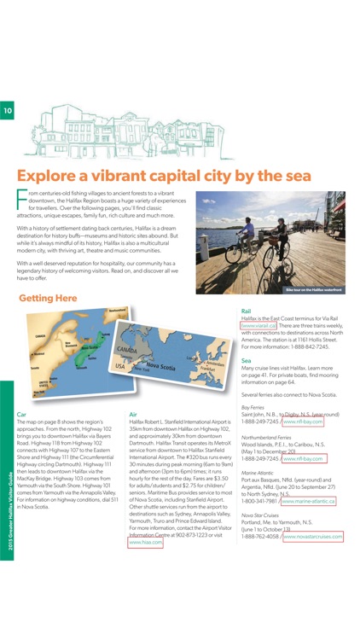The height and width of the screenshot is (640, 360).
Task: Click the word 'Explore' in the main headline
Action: point(56,176)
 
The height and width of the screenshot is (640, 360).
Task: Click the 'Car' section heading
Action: point(21,413)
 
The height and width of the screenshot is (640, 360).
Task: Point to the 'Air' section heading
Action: point(132,413)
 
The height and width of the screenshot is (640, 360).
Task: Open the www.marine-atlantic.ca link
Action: point(308,501)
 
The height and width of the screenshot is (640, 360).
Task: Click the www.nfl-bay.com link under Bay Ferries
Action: point(303,422)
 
